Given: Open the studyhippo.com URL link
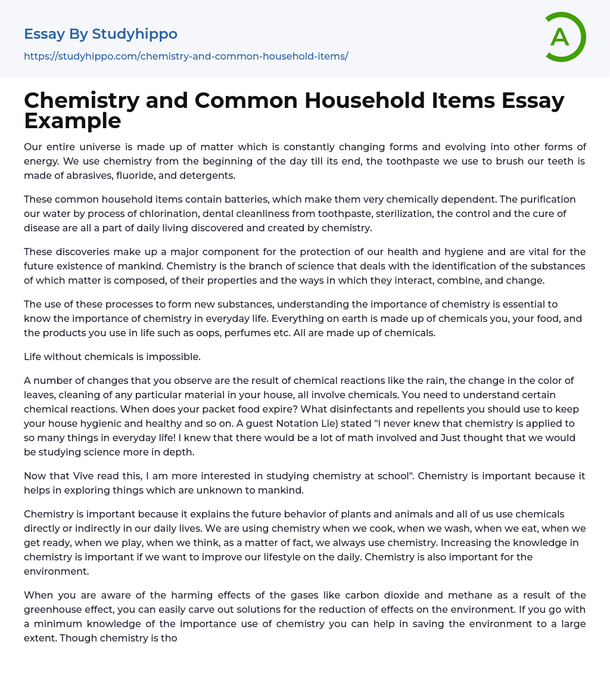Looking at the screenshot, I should pyautogui.click(x=186, y=56).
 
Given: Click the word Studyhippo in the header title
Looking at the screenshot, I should pyautogui.click(x=135, y=34).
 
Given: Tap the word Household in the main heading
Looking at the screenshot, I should pyautogui.click(x=362, y=101).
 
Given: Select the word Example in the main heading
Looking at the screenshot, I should pyautogui.click(x=73, y=120).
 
